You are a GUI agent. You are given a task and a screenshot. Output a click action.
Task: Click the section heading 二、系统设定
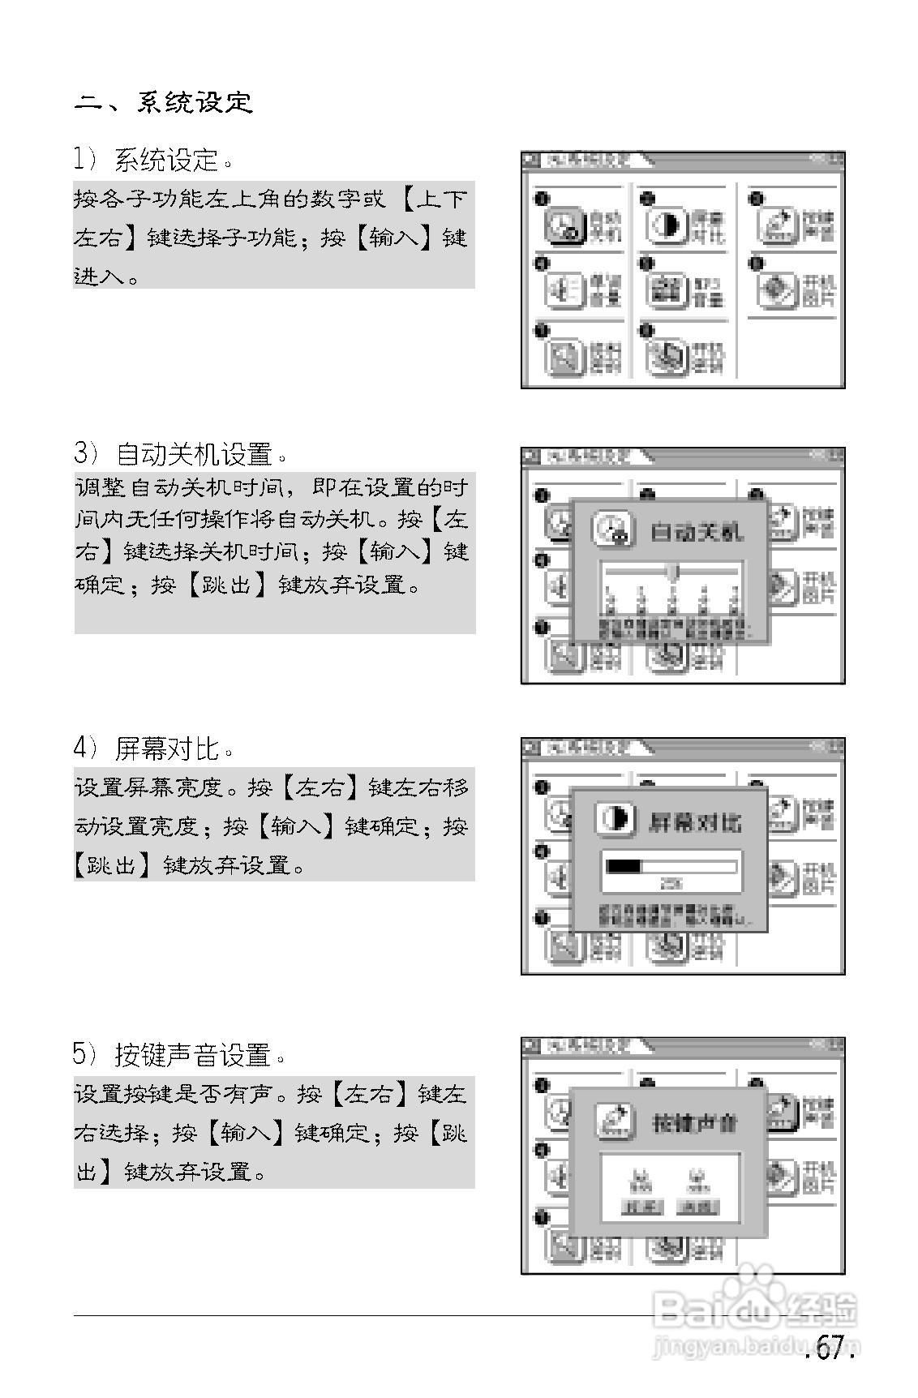(163, 103)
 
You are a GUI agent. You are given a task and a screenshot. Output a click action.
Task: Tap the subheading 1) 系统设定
(153, 160)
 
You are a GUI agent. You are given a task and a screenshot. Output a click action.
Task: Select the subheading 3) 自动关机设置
(179, 453)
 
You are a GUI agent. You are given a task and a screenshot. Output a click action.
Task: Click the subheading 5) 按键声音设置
(179, 1054)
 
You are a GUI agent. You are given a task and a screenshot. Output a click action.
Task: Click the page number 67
(830, 1349)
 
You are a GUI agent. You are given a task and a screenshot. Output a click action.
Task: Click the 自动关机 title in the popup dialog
(697, 533)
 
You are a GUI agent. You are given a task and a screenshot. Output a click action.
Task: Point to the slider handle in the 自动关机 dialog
(672, 572)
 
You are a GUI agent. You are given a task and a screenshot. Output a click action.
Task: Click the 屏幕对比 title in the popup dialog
(695, 822)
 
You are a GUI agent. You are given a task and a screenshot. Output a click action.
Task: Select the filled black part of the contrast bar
(624, 866)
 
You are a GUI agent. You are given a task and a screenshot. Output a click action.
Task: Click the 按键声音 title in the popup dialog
(695, 1123)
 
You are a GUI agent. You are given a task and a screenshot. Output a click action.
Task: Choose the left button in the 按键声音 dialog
(641, 1207)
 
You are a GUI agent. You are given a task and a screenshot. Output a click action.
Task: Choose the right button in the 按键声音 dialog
(696, 1207)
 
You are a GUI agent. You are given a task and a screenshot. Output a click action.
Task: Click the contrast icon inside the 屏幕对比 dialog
(616, 819)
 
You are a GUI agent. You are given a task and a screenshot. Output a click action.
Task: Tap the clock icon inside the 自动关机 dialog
(613, 530)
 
